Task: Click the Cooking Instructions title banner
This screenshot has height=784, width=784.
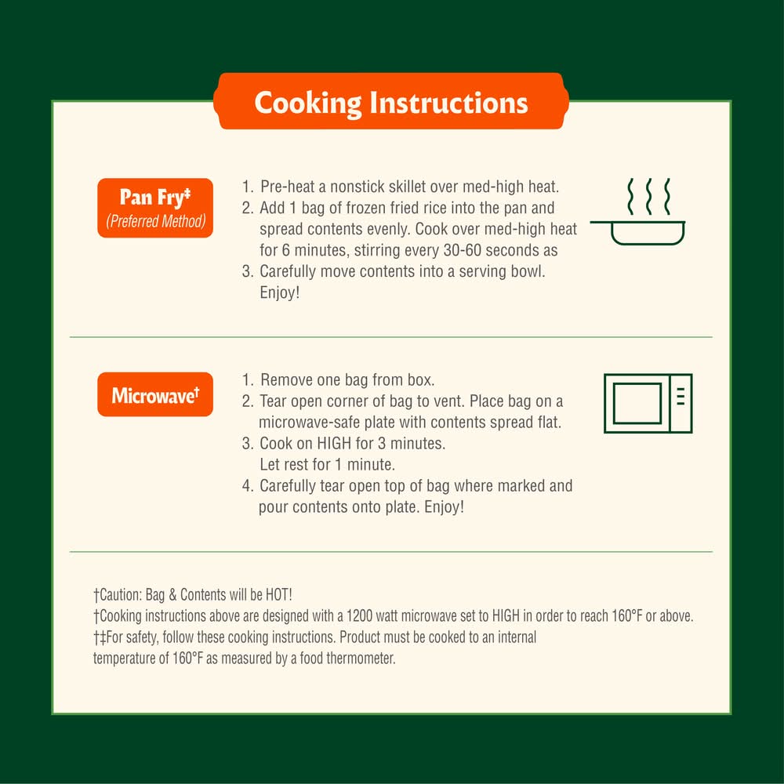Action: click(x=391, y=101)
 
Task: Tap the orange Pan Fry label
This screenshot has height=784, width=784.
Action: click(x=155, y=208)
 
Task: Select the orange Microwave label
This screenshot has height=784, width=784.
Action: click(x=155, y=394)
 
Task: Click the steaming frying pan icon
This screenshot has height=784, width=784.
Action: click(x=638, y=212)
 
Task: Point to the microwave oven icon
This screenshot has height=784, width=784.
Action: click(x=648, y=403)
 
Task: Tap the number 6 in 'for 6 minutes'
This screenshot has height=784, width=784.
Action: click(x=285, y=250)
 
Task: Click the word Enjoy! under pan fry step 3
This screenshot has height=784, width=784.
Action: click(x=280, y=292)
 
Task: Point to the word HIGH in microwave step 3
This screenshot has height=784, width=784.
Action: click(x=334, y=444)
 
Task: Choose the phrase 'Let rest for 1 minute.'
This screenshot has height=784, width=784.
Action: click(x=328, y=464)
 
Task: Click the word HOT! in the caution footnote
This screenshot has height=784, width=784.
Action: click(x=278, y=595)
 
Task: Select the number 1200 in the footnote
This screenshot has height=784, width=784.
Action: click(x=359, y=616)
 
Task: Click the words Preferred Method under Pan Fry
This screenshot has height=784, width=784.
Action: click(x=155, y=221)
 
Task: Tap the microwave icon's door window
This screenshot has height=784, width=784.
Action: click(x=637, y=403)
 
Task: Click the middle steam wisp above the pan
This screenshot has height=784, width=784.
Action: click(x=648, y=196)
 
